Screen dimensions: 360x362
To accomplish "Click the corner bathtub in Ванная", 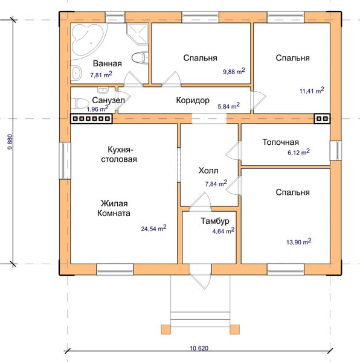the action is tap(86, 39).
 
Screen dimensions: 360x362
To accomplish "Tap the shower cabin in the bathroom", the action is tap(137, 34).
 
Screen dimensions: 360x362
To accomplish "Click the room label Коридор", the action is tap(193, 100).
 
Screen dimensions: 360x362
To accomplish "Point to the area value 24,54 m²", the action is tap(153, 228).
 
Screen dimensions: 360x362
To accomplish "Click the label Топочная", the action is tap(280, 142).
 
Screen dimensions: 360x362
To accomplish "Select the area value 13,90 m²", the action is tap(299, 242).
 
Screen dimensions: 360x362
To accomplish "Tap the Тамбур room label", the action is tap(215, 221).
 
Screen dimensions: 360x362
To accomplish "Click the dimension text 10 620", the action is tap(199, 348).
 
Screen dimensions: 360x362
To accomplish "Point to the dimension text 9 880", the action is tap(10, 142).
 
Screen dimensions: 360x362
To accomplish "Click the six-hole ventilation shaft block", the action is tap(91, 119).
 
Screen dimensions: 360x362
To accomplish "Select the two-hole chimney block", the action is tap(322, 119).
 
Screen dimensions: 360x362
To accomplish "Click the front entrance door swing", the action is tap(201, 280).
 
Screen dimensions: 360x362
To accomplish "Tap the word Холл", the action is tap(208, 171).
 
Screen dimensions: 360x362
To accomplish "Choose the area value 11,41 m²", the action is tap(312, 91).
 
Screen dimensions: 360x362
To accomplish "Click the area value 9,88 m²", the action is tap(234, 71).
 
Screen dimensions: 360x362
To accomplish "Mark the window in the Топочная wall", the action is tap(336, 151).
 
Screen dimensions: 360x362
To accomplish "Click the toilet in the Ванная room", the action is tap(140, 57).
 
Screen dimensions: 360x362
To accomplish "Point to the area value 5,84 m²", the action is tap(228, 106).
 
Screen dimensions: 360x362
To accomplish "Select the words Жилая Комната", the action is tap(114, 208).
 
